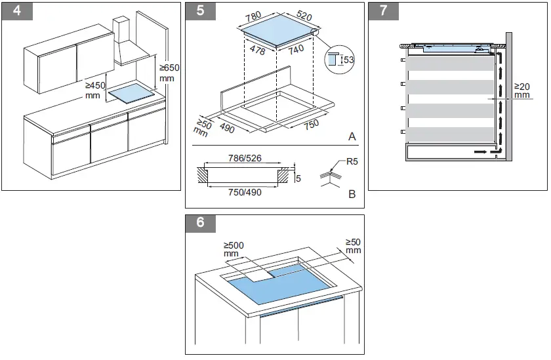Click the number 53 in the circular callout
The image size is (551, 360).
pos(348,60)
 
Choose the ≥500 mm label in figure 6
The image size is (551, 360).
pos(233,249)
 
